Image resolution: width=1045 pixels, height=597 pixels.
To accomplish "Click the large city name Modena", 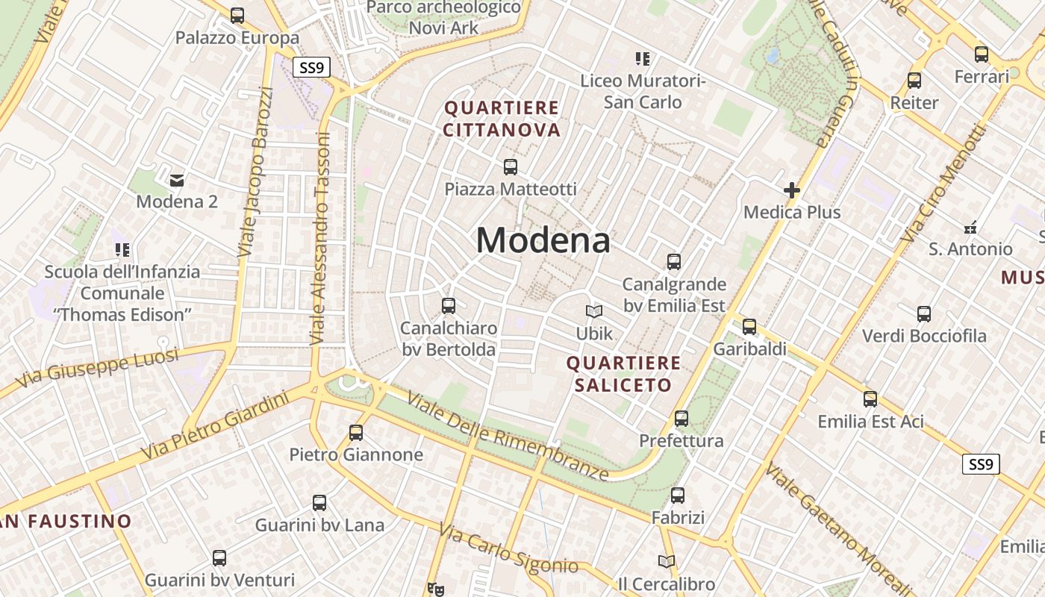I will tap(543, 240).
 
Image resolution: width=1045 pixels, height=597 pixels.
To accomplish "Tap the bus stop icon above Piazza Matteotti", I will tap(511, 167).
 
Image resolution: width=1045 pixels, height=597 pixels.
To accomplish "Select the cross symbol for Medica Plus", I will tap(792, 191).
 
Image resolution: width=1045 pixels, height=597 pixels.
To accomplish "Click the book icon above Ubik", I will tap(594, 311).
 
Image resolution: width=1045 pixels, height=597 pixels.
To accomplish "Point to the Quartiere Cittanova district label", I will tap(502, 119).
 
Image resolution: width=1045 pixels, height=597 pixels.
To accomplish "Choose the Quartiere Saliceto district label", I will tap(623, 374).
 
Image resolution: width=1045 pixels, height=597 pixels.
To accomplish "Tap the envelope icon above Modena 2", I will tap(177, 180).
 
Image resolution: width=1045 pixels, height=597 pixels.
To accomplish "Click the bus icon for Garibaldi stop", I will tap(749, 327).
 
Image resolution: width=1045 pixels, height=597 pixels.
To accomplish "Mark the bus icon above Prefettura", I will tap(681, 419).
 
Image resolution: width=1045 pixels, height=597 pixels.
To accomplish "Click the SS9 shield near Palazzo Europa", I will tap(311, 68).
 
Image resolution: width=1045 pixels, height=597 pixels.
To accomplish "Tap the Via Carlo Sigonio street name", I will tap(508, 549).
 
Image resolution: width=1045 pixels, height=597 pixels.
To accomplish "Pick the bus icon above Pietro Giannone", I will tap(356, 432).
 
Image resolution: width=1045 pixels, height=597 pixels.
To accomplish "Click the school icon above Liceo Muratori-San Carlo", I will tap(643, 58).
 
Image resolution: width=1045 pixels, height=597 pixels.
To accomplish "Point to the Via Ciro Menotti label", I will tap(945, 183).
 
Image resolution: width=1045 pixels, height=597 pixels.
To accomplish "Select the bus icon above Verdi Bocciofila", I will tap(924, 314).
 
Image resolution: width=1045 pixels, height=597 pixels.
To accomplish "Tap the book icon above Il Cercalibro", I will tap(667, 561).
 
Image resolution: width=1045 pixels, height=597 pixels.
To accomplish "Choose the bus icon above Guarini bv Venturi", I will tap(219, 557).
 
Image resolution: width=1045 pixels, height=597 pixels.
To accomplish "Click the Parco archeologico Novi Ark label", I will tap(444, 17).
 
